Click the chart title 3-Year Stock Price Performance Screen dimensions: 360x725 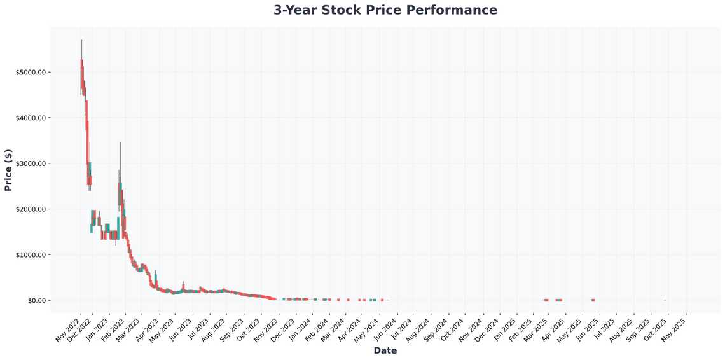click(385, 10)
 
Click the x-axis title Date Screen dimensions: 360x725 click(385, 350)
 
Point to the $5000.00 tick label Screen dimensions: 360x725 click(31, 73)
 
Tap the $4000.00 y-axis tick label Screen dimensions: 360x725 click(31, 118)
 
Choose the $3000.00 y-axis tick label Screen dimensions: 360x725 click(31, 163)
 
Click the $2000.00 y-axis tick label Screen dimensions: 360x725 click(31, 209)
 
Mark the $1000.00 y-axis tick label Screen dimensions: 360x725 click(31, 255)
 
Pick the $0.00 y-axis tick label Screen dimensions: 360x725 click(36, 300)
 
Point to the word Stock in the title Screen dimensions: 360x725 click(363, 10)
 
